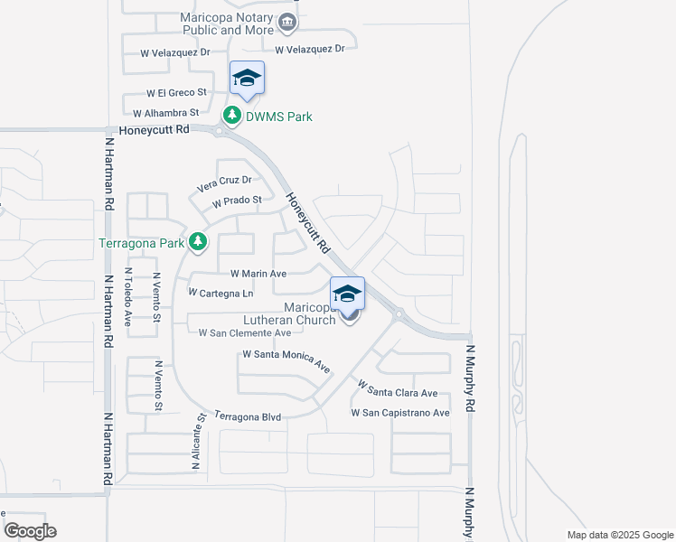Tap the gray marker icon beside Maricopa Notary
(x=286, y=22)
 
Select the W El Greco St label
(x=177, y=93)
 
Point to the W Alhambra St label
(x=165, y=113)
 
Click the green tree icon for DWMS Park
(x=232, y=116)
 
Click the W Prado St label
(x=237, y=201)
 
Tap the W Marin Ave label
(x=258, y=273)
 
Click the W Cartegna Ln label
(x=221, y=293)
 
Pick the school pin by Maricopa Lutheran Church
(x=346, y=294)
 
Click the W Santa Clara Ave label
(x=398, y=388)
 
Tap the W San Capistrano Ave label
(x=400, y=413)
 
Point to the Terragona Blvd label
(x=248, y=416)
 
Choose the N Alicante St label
(x=195, y=442)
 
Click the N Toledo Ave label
(x=128, y=297)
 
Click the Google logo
(x=30, y=531)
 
